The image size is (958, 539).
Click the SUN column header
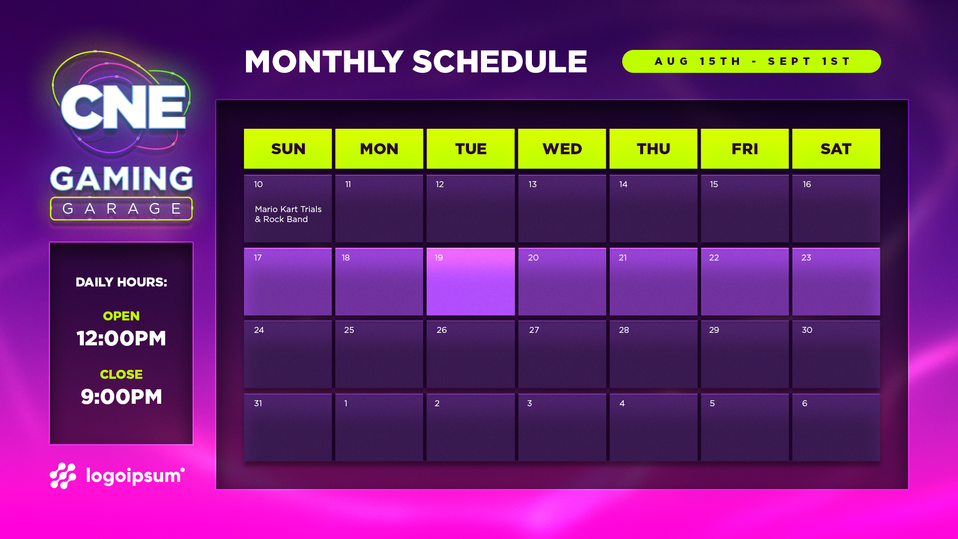(288, 149)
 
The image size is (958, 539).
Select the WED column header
(562, 149)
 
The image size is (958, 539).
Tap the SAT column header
(836, 149)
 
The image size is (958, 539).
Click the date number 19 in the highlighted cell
(439, 258)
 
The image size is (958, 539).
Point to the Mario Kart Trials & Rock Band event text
(288, 214)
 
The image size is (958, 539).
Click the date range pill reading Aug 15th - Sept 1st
(751, 61)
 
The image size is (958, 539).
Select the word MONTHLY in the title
(324, 62)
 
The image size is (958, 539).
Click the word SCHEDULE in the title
(499, 62)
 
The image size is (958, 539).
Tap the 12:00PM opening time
(121, 338)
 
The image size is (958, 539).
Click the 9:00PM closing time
(121, 397)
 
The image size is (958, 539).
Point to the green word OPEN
(121, 316)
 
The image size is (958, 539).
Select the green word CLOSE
(121, 374)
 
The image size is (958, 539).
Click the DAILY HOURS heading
(121, 282)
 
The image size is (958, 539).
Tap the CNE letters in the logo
(123, 107)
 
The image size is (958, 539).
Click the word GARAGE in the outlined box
(121, 209)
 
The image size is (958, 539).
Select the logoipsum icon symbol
(63, 476)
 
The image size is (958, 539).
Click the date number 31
(258, 403)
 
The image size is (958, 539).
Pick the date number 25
(349, 330)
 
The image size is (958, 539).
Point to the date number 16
(806, 184)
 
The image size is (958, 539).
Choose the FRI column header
(744, 149)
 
